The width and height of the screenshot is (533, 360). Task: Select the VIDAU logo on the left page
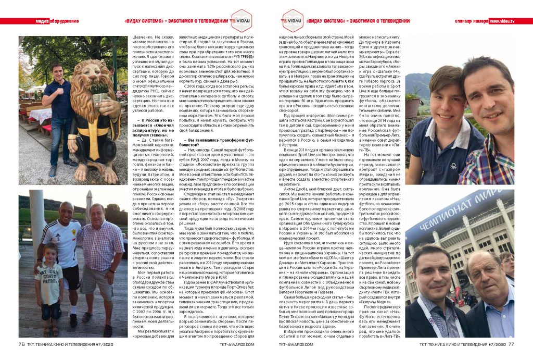tap(242, 21)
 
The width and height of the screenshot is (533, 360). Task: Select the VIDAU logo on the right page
tap(291, 21)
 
